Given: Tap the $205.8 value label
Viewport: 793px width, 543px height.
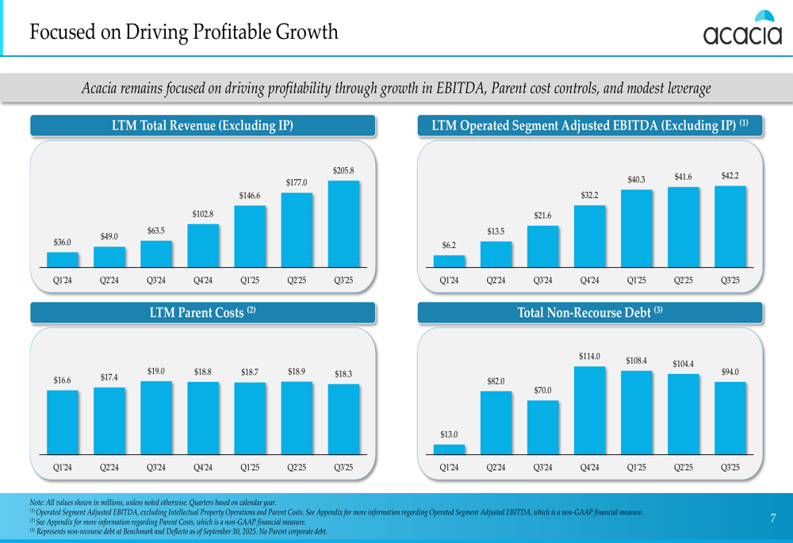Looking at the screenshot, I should click(x=343, y=170).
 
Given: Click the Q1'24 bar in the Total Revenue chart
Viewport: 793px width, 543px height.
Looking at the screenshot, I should click(x=63, y=259).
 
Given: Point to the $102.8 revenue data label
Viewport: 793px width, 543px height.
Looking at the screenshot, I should click(x=202, y=214).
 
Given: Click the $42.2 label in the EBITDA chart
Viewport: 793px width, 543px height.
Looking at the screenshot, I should click(x=730, y=175).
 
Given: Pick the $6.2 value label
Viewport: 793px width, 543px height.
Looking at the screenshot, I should click(x=449, y=245).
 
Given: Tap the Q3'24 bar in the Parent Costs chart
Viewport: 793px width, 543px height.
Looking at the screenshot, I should click(x=156, y=417).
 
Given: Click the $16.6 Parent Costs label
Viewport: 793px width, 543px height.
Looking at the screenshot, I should click(x=63, y=380).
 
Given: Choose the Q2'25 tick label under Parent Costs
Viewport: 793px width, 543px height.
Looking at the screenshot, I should click(x=297, y=468).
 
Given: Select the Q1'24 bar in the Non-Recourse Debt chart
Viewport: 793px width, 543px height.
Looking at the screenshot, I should click(x=449, y=449).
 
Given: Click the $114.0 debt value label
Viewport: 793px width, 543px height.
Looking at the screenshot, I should click(x=589, y=357).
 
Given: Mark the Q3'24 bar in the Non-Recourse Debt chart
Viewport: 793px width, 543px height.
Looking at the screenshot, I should click(x=542, y=426).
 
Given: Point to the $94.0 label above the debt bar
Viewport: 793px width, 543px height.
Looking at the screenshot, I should click(x=730, y=372).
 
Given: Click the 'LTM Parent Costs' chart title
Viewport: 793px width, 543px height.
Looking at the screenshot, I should click(x=202, y=313).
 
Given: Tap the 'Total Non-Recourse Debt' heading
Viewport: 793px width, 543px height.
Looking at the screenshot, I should click(x=589, y=313).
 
